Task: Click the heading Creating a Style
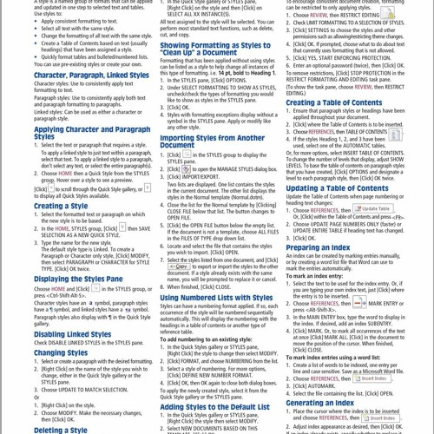tap(61, 207)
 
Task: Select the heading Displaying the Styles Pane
tap(78, 279)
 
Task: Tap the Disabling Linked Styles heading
tap(73, 334)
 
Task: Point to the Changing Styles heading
tap(61, 353)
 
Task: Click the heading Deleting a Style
tap(61, 430)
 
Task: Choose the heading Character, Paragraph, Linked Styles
tap(91, 76)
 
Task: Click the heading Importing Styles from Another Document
tap(212, 141)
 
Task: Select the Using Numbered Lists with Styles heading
tap(216, 298)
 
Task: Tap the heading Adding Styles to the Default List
tap(214, 407)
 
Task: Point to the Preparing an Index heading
tap(319, 247)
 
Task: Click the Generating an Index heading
tap(320, 403)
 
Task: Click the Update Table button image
tap(372, 209)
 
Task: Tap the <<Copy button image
tap(180, 267)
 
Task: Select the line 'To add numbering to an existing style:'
tap(206, 339)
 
